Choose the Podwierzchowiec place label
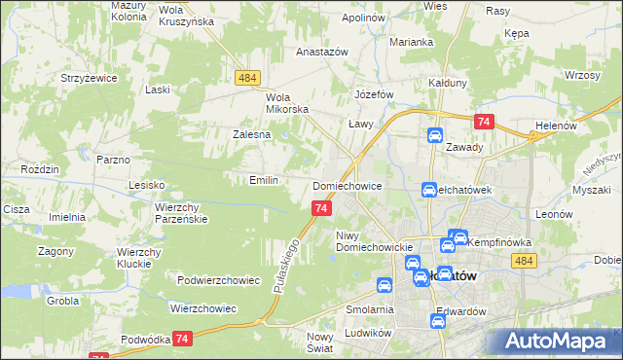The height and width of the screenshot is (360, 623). (219, 280)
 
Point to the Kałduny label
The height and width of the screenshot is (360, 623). (449, 84)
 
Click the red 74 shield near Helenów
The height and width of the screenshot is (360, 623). (485, 122)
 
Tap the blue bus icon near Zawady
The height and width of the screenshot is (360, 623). (435, 136)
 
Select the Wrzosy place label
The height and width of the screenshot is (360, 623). (580, 75)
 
